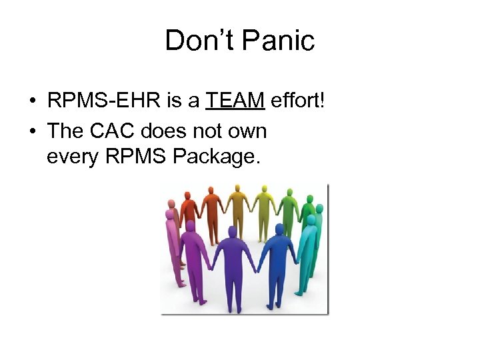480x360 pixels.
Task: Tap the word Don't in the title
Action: pos(199,41)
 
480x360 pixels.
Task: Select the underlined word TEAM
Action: pos(235,101)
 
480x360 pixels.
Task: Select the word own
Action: pos(249,131)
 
